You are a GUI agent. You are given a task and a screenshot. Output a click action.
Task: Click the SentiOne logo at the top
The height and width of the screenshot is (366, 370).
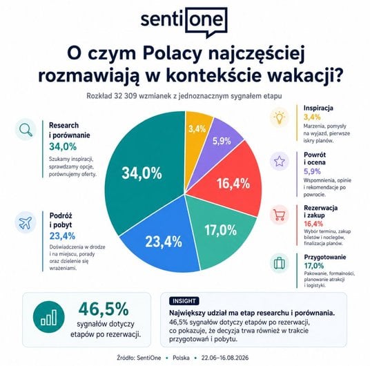point(184,21)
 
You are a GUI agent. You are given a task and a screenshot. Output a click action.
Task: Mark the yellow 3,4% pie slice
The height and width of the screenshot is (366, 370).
point(196,132)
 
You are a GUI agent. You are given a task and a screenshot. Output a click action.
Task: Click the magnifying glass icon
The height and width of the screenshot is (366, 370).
point(26,129)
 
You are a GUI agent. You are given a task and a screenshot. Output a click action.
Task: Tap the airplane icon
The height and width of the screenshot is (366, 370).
point(26,222)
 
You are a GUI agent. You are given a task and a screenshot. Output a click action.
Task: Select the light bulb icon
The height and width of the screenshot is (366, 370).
point(280,117)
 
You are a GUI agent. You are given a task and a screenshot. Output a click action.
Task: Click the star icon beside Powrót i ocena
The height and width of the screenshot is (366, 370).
point(280,161)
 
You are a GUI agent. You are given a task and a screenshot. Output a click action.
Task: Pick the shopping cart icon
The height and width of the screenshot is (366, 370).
point(279,215)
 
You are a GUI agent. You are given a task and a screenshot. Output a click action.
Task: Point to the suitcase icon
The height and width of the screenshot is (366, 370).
point(280,263)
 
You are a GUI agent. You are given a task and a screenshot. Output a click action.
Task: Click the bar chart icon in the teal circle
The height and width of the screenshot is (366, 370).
point(48,317)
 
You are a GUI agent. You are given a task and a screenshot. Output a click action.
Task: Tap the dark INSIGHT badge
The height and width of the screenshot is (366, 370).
point(184,301)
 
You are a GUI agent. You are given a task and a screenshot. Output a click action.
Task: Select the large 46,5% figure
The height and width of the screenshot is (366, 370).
point(104,309)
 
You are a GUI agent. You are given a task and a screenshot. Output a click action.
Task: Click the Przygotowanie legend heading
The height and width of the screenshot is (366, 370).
point(325,257)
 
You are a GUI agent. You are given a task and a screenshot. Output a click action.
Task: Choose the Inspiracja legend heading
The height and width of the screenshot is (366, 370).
point(318,108)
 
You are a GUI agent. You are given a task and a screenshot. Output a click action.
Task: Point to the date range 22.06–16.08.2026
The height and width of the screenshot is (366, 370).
point(225,358)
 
